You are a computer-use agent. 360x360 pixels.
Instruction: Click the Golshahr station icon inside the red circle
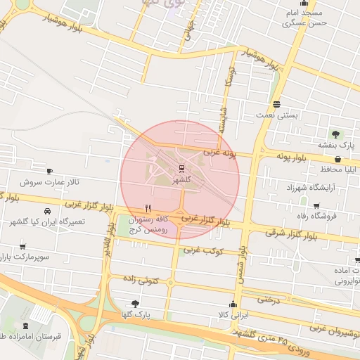coord(181,168)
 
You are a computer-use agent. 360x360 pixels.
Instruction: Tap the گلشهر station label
coord(181,180)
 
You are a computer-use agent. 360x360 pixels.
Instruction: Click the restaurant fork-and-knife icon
coord(147,208)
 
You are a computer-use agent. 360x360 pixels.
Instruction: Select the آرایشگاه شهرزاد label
coord(311,188)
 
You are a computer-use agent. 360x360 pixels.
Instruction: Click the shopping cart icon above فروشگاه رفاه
coord(316,205)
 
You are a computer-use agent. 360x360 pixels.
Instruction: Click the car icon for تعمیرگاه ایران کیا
coord(46,211)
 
